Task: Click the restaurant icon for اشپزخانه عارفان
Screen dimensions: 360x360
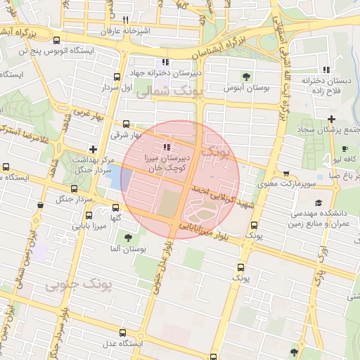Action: (125, 20)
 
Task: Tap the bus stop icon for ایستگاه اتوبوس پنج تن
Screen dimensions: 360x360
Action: (56, 40)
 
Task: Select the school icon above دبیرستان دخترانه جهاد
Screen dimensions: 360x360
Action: (165, 61)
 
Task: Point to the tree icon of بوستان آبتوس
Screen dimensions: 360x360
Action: (245, 76)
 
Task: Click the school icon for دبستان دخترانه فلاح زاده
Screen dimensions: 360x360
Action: (326, 69)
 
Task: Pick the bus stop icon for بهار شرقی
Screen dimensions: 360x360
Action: (126, 124)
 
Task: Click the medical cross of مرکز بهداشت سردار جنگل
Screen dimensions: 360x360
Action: (93, 148)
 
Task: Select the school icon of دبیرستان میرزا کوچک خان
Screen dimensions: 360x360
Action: (167, 147)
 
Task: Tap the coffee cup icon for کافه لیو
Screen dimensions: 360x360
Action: (345, 148)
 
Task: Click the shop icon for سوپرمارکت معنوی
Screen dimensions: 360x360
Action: (285, 174)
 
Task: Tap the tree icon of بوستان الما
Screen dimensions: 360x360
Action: (128, 238)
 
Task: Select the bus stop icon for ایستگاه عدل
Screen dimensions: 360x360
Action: (123, 333)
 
